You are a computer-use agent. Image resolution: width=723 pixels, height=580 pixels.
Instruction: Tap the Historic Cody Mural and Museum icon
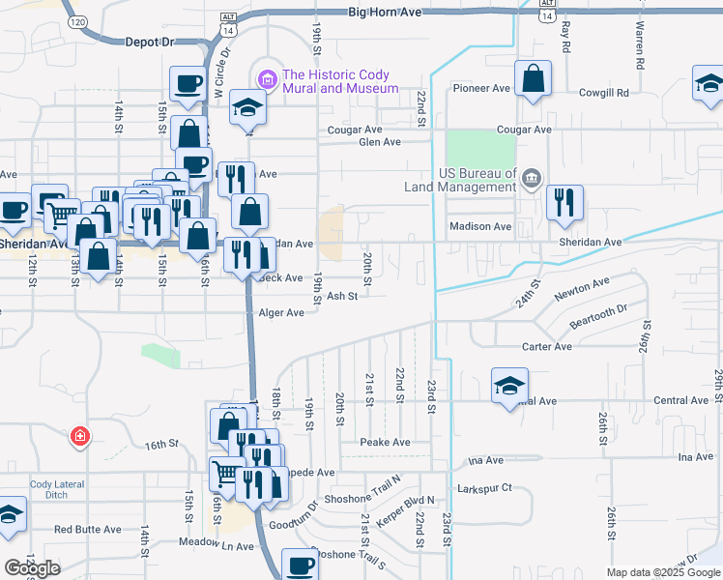(267, 75)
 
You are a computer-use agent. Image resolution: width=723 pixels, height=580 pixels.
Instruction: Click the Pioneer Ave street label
(482, 88)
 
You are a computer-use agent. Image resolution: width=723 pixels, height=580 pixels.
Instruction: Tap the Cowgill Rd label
(603, 93)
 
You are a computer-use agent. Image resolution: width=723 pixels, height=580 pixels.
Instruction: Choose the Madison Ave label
(479, 226)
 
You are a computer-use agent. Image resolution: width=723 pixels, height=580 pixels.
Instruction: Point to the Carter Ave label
(547, 347)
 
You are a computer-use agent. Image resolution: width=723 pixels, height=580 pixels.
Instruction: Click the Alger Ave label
(281, 313)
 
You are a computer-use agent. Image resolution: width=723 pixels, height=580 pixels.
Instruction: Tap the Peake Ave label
(385, 442)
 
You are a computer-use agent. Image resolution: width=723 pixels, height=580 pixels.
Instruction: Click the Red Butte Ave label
(87, 530)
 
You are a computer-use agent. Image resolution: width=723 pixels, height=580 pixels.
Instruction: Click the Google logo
(32, 567)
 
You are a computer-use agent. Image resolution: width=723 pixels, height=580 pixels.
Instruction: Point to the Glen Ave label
(379, 142)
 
